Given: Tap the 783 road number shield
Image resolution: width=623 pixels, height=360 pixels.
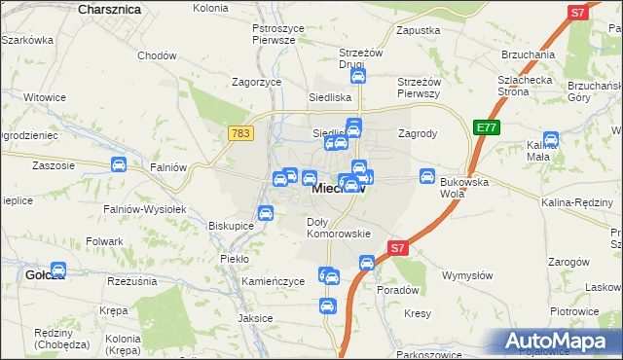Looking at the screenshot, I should pos(242,132).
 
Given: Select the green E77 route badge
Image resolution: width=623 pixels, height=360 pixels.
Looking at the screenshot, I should pos(486,126).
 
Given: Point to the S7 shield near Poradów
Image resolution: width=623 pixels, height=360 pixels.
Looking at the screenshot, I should pos(397,248).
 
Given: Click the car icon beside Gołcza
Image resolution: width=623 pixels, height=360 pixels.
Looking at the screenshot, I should pos(57,270).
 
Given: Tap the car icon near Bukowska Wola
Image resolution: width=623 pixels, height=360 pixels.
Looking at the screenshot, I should pos(426,176).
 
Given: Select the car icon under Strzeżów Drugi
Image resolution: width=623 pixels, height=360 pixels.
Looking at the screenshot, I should pos(357,77).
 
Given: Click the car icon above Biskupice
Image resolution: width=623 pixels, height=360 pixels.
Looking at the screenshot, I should pos(265,213).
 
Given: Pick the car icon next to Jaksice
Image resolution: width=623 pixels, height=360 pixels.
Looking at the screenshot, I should pos(327,306).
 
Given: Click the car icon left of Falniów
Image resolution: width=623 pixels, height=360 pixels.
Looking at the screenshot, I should pos(118,165).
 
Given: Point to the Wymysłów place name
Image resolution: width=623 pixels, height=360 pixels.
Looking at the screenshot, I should pos(464,275).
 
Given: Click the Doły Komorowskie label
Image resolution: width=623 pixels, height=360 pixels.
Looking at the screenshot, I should pos(338,228).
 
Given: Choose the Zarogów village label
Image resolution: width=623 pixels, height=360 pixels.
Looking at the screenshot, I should pos(569,262).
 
